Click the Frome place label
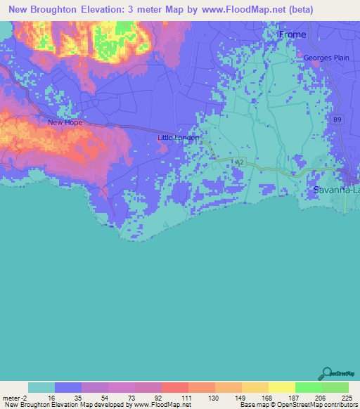(x=292, y=34)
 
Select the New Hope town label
(x=65, y=122)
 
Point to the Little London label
(x=179, y=138)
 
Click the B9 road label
(x=338, y=120)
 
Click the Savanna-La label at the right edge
(x=336, y=190)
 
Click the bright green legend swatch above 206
(x=309, y=387)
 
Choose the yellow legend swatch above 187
(x=282, y=387)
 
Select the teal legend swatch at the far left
(x=41, y=387)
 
